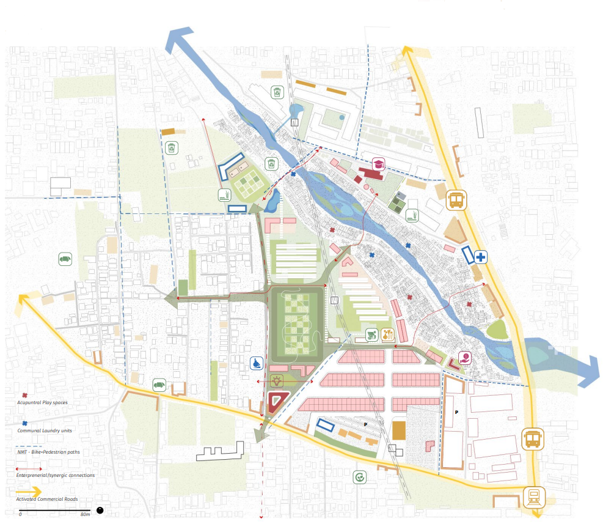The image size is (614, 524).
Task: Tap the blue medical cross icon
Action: [x=481, y=257]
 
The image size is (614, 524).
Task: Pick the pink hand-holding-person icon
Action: [x=466, y=359]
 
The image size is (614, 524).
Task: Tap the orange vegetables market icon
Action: [x=386, y=334]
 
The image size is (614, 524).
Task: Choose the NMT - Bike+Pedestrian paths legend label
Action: [x=48, y=452]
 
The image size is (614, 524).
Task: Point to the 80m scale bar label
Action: [x=85, y=514]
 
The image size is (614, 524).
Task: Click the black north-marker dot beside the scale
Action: [x=100, y=510]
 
